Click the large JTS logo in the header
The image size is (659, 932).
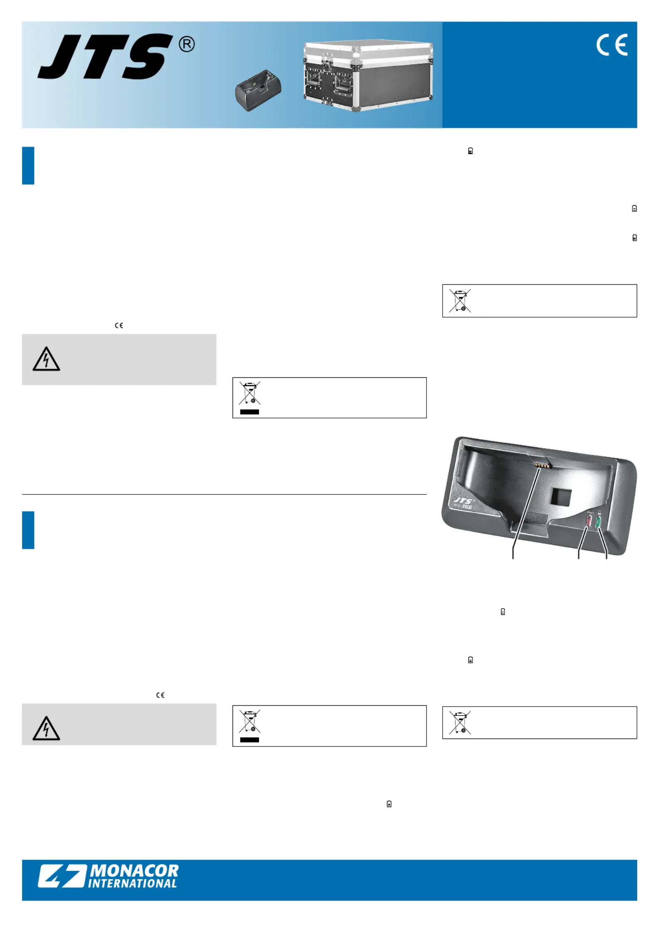[x=106, y=56]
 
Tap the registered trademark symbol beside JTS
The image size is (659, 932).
[x=186, y=44]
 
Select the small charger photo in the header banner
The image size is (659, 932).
[x=258, y=91]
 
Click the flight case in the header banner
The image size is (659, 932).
[x=368, y=76]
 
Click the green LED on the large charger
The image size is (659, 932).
[x=598, y=522]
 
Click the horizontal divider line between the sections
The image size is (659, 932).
[x=224, y=494]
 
